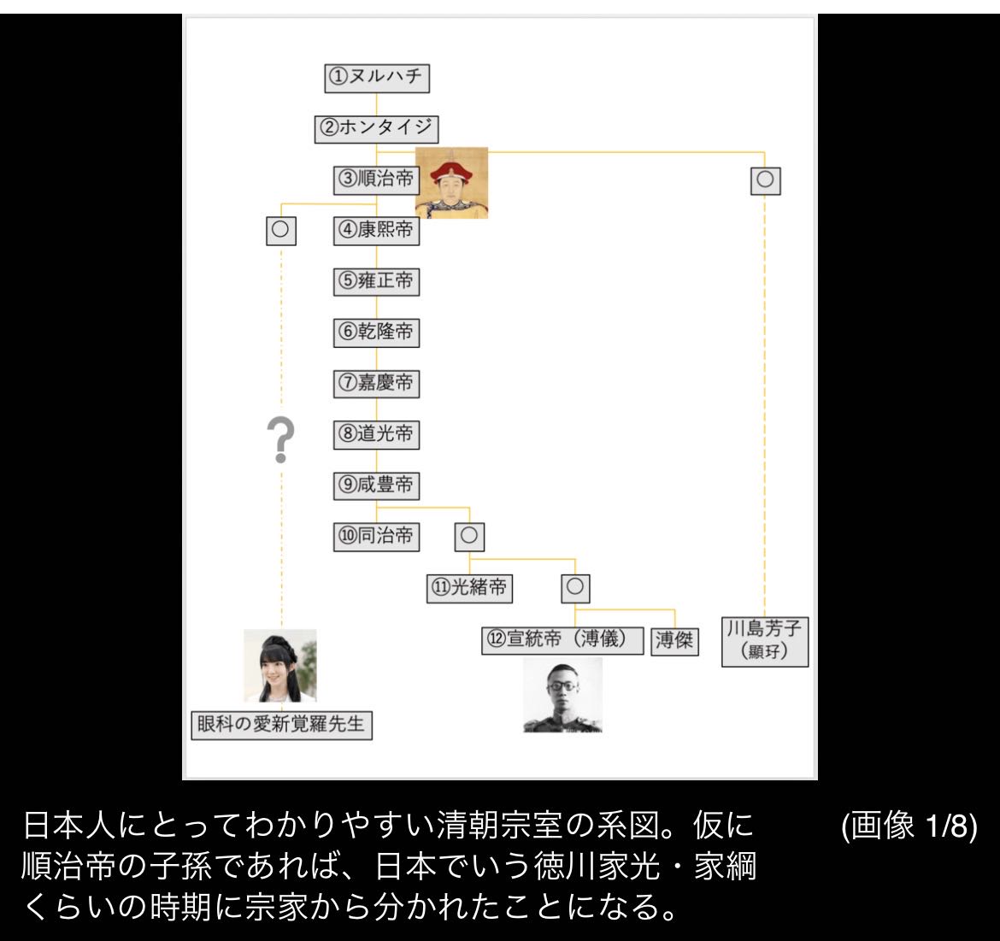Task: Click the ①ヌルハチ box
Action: pyautogui.click(x=377, y=78)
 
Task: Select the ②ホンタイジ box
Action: pyautogui.click(x=376, y=129)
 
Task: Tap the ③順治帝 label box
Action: pyautogui.click(x=376, y=179)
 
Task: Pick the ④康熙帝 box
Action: pyautogui.click(x=376, y=231)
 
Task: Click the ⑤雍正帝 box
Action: pyautogui.click(x=376, y=282)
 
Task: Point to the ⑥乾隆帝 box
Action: pyautogui.click(x=376, y=332)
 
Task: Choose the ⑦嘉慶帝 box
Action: pyautogui.click(x=376, y=384)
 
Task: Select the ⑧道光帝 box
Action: pyautogui.click(x=376, y=435)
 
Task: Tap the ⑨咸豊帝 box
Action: pyautogui.click(x=376, y=485)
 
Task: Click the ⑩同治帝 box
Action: pyautogui.click(x=376, y=537)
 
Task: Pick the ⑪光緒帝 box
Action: pyautogui.click(x=469, y=588)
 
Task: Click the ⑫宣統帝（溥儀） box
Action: pyautogui.click(x=562, y=640)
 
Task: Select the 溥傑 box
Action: pyautogui.click(x=674, y=641)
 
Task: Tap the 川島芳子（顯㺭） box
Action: pyautogui.click(x=765, y=641)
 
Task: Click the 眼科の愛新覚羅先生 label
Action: pyautogui.click(x=281, y=725)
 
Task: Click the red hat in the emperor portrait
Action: pyautogui.click(x=451, y=171)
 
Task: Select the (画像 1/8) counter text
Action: pyautogui.click(x=909, y=826)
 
